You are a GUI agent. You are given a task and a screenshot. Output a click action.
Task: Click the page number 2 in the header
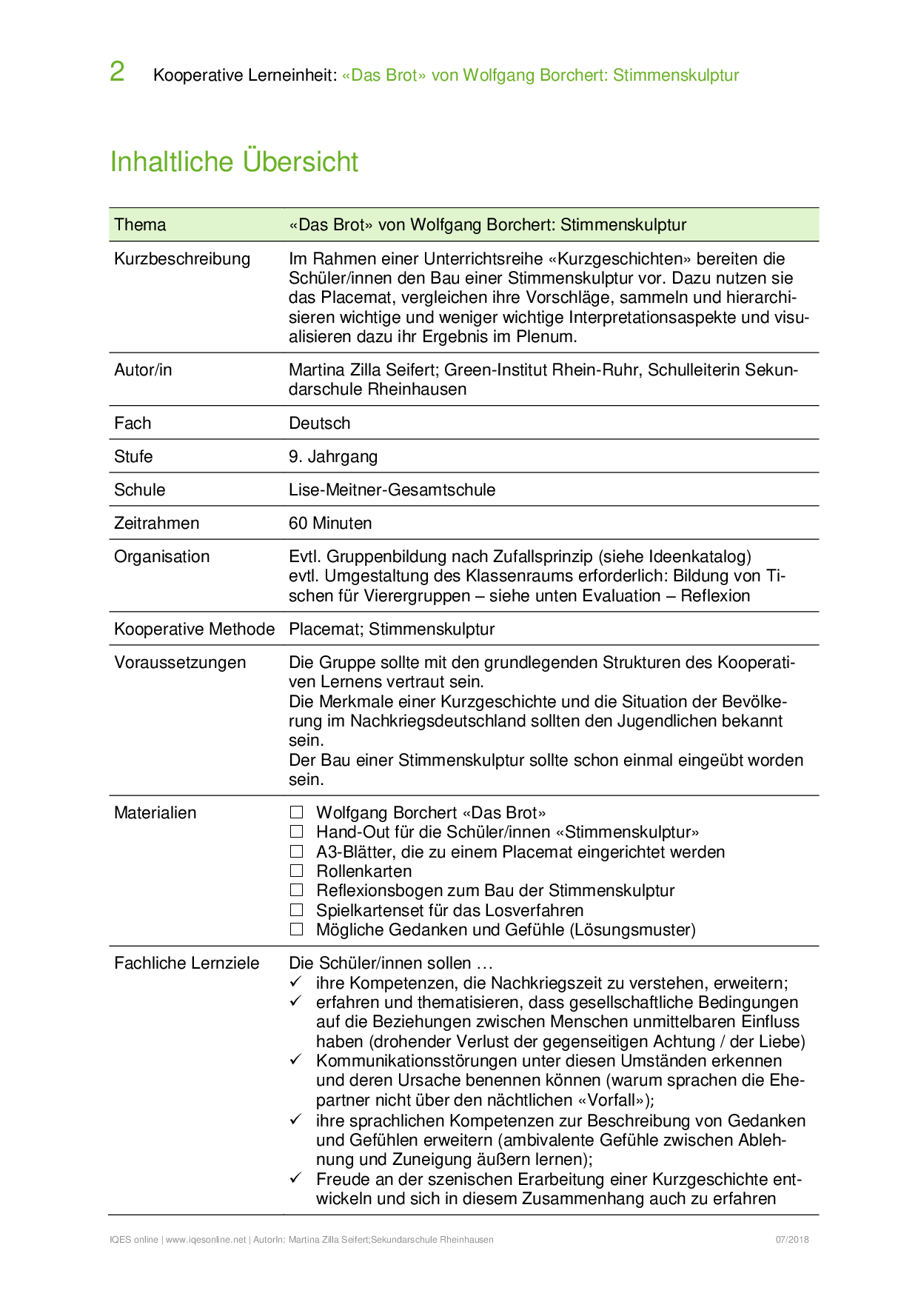117,72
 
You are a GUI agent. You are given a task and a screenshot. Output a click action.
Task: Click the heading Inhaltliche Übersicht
234,161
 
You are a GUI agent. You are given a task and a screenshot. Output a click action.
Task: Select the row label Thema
140,224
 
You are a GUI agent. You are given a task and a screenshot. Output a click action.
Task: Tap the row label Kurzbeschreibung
182,258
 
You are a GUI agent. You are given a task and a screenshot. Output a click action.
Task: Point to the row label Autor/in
143,370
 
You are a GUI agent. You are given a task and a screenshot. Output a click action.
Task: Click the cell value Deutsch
319,423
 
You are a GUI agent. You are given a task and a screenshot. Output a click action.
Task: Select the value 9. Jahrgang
332,456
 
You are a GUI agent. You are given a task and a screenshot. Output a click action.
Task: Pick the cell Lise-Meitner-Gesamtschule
392,490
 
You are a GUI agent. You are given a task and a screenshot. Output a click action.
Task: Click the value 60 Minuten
330,523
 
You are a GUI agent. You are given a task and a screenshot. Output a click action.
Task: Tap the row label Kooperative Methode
194,629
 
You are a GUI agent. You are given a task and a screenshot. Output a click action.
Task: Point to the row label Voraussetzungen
180,662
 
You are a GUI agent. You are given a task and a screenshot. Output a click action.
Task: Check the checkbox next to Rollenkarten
297,871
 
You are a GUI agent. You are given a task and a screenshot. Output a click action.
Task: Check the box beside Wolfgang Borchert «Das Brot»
297,812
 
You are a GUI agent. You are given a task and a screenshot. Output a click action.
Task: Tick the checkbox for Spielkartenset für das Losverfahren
297,910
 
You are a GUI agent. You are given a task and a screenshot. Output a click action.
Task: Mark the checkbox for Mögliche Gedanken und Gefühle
297,929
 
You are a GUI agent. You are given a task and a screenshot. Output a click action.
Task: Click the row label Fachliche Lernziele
187,963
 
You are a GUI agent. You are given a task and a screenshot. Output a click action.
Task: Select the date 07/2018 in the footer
792,1240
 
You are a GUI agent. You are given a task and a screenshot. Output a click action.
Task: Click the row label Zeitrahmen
156,523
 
